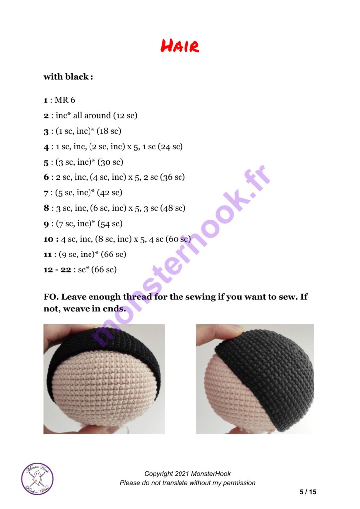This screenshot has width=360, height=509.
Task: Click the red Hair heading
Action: click(180, 46)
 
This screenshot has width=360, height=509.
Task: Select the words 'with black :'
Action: click(69, 77)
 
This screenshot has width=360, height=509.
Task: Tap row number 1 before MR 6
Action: click(45, 100)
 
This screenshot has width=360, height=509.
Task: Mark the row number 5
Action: click(46, 163)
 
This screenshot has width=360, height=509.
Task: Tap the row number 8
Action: click(46, 208)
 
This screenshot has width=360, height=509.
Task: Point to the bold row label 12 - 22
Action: click(57, 270)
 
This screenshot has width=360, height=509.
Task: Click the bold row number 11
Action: click(48, 254)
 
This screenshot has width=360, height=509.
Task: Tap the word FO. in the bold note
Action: click(51, 297)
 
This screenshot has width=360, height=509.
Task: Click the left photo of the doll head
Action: click(104, 379)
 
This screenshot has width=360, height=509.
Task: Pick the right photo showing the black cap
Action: click(255, 379)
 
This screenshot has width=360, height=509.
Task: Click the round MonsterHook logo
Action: click(37, 479)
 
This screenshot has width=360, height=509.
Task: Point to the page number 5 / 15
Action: click(308, 492)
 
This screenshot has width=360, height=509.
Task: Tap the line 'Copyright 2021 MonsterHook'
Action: click(187, 474)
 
